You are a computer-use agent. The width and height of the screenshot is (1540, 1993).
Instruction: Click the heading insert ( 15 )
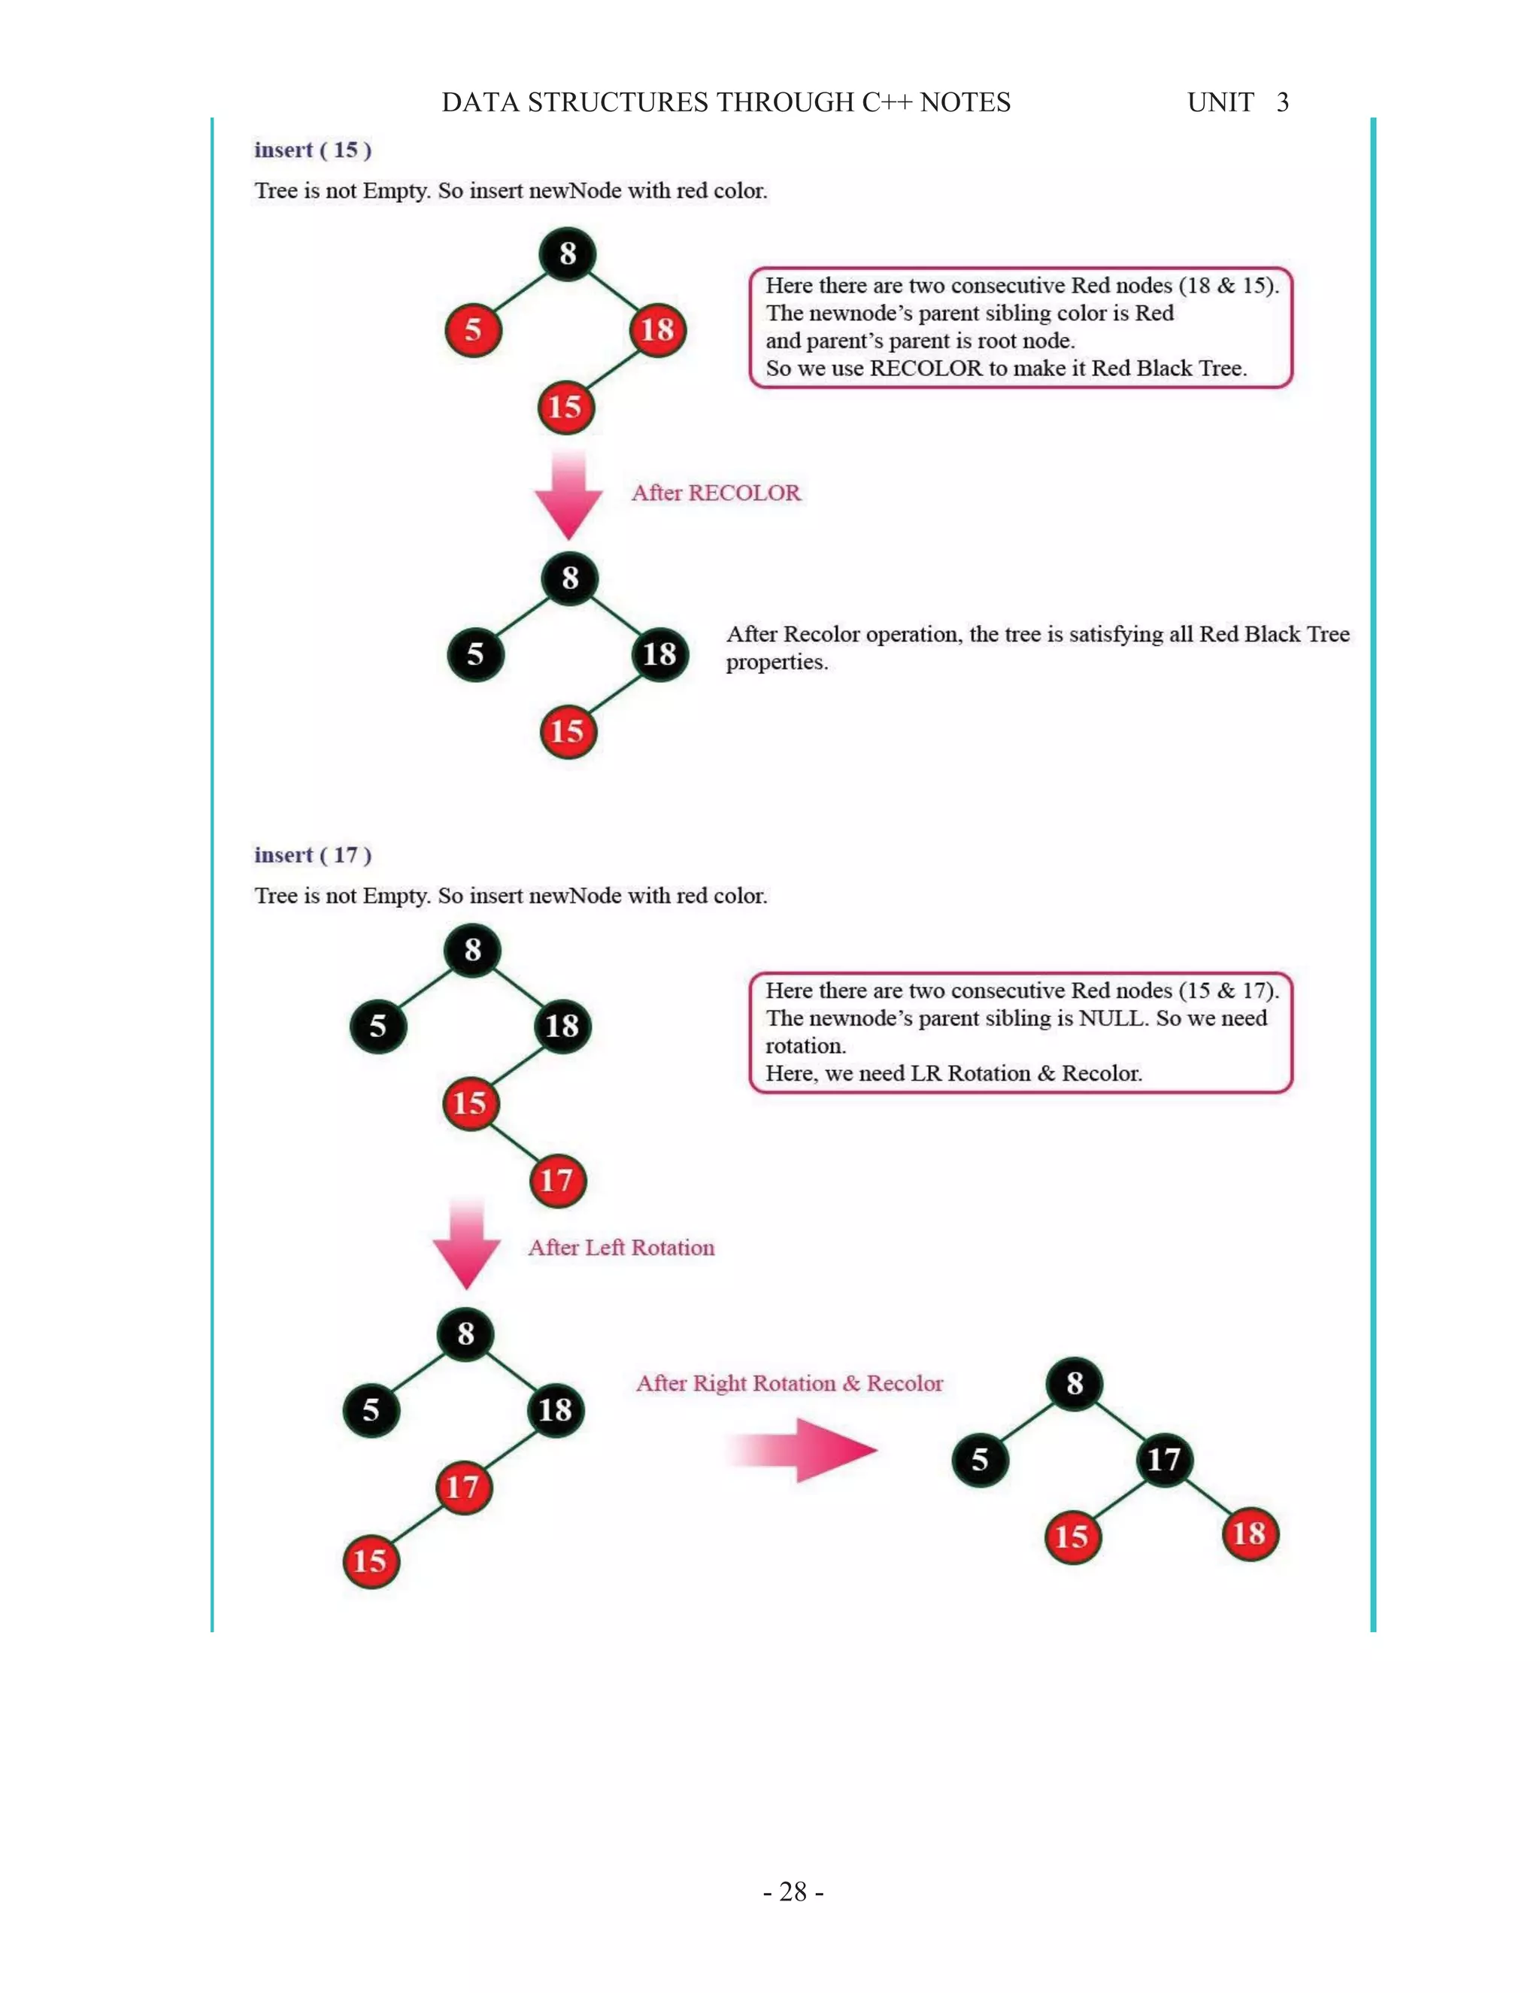[x=312, y=150]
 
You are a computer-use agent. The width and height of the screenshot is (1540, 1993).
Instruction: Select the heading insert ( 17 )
[x=312, y=855]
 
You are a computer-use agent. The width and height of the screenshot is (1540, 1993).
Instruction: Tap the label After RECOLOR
[x=715, y=493]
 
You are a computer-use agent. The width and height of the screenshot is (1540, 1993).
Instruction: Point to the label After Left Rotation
[x=620, y=1248]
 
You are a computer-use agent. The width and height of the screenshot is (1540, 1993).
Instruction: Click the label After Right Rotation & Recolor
[x=789, y=1383]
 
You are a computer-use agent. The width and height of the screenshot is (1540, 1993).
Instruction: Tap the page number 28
[x=793, y=1891]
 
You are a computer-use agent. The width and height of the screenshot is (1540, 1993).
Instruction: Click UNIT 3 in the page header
[x=1237, y=102]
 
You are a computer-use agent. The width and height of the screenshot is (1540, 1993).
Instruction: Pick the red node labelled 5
[x=472, y=330]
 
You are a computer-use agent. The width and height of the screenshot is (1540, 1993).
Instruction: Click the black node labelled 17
[x=1164, y=1459]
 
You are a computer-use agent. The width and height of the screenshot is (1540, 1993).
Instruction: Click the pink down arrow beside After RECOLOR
[x=568, y=496]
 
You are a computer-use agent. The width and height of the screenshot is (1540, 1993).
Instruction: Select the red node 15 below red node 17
[x=371, y=1561]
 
